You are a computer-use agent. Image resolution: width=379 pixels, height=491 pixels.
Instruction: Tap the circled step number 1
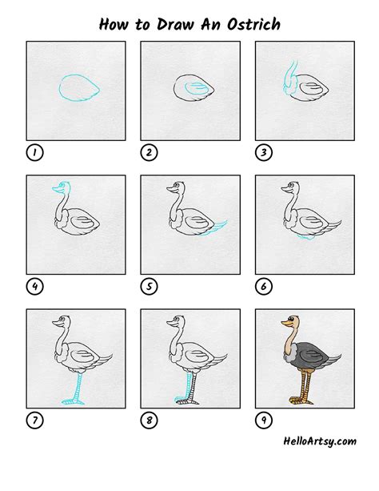pyautogui.click(x=34, y=151)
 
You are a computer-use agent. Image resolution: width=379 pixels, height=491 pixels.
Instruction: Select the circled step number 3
pyautogui.click(x=262, y=151)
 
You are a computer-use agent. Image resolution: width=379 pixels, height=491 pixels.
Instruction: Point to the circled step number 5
pyautogui.click(x=148, y=285)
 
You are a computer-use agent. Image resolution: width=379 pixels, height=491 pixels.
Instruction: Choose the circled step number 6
pyautogui.click(x=262, y=285)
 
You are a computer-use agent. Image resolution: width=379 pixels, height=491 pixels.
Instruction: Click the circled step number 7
pyautogui.click(x=34, y=419)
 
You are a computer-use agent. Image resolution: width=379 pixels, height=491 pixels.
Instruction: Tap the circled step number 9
pyautogui.click(x=262, y=419)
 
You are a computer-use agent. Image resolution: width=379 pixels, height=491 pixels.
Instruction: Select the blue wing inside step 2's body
pyautogui.click(x=193, y=87)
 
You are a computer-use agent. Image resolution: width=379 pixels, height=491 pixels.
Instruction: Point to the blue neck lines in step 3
pyautogui.click(x=289, y=76)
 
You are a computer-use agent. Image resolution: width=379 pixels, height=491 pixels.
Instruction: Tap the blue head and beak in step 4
pyautogui.click(x=58, y=189)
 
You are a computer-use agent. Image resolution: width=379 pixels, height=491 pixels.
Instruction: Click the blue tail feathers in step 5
pyautogui.click(x=216, y=227)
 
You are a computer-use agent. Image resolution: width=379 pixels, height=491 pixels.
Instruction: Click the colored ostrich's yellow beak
pyautogui.click(x=282, y=324)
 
